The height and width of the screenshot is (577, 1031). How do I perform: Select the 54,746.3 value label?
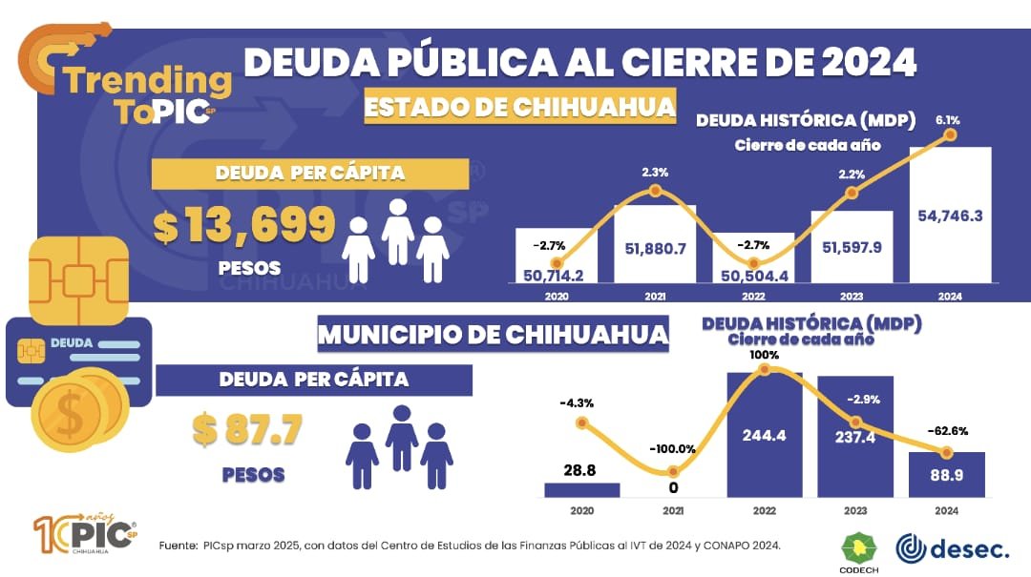[x=950, y=216]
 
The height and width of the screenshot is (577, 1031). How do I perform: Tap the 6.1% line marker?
[x=950, y=134]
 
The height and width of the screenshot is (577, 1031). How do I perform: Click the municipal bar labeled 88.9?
[x=947, y=474]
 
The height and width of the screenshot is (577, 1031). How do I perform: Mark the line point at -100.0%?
[x=674, y=471]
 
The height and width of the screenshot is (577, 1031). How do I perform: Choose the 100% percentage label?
[x=765, y=355]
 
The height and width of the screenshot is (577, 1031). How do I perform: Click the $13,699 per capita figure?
[x=244, y=226]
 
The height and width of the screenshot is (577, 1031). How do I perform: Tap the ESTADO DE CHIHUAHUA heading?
[x=520, y=107]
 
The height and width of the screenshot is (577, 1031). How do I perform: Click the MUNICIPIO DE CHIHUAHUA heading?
[x=493, y=336]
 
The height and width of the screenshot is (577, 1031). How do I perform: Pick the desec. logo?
[x=951, y=548]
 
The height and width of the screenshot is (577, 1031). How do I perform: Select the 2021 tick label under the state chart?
[x=655, y=297]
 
